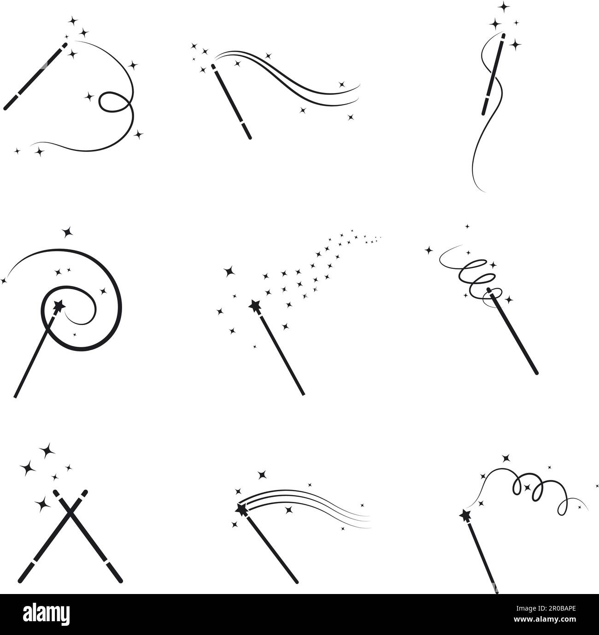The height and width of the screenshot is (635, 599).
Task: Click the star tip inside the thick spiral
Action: coord(59,305)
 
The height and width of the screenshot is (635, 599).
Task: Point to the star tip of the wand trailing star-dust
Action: coord(255,305)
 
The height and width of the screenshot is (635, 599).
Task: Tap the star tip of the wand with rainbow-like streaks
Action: coord(241,509)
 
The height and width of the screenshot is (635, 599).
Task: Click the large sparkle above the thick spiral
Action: coord(68,232)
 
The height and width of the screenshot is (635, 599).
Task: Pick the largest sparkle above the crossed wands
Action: coord(45,451)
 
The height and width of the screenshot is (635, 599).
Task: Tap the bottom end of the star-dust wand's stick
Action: coord(303,393)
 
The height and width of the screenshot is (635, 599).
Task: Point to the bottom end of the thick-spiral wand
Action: coord(17,396)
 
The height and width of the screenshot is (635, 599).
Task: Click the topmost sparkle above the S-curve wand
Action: coord(505,6)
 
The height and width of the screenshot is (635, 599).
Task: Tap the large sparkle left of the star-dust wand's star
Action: coord(228,272)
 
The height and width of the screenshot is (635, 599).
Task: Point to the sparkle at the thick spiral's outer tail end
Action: coord(4,280)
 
